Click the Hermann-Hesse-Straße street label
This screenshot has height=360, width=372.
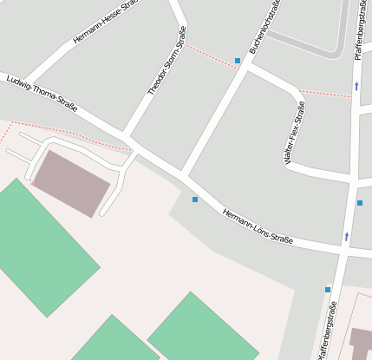(106, 23)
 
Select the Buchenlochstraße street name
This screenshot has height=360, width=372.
(264, 28)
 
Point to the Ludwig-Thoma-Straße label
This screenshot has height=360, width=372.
(42, 94)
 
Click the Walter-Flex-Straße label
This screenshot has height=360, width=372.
(294, 133)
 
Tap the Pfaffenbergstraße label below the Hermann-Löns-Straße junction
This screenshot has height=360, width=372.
(328, 330)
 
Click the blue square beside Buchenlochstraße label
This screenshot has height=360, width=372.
(238, 61)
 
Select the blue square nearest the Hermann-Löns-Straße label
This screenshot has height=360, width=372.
(194, 200)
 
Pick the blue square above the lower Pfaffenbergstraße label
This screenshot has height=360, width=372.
(328, 290)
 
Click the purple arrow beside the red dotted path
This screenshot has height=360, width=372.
(356, 86)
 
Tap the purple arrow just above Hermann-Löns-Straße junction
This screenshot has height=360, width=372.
(347, 235)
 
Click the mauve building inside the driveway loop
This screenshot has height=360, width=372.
(71, 183)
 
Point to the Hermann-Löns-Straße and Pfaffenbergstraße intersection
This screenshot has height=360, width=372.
(345, 252)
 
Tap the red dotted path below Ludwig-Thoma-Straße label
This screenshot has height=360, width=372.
(69, 134)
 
